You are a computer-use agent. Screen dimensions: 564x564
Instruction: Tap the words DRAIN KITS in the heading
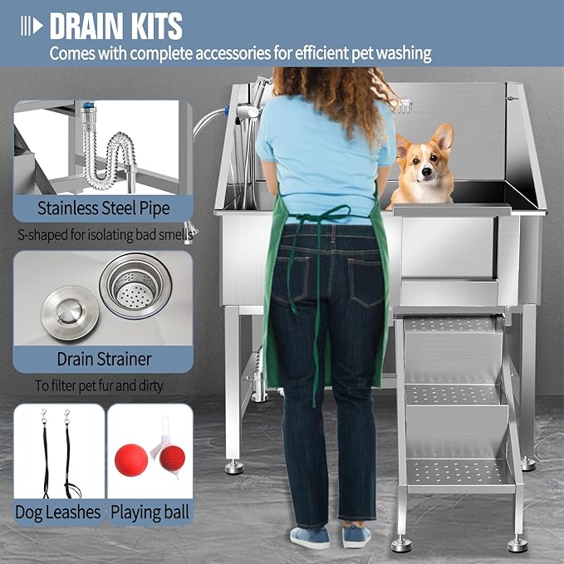click(x=115, y=26)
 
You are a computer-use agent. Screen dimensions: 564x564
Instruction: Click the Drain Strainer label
click(x=104, y=360)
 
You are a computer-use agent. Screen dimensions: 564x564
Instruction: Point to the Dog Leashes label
click(x=58, y=512)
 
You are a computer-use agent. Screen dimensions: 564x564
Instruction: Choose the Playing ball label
click(x=150, y=512)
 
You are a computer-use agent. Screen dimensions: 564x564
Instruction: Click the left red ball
click(x=131, y=459)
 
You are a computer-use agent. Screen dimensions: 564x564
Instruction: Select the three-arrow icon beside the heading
click(x=32, y=26)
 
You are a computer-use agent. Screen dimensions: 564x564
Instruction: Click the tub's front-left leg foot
click(x=235, y=467)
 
